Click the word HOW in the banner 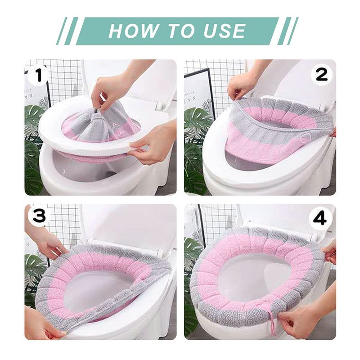[x=133, y=31]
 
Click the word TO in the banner [x=181, y=31]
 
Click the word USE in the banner [x=225, y=31]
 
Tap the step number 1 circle [x=38, y=75]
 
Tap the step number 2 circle [x=321, y=74]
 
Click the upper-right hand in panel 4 [x=329, y=252]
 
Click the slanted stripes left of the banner [x=67, y=31]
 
